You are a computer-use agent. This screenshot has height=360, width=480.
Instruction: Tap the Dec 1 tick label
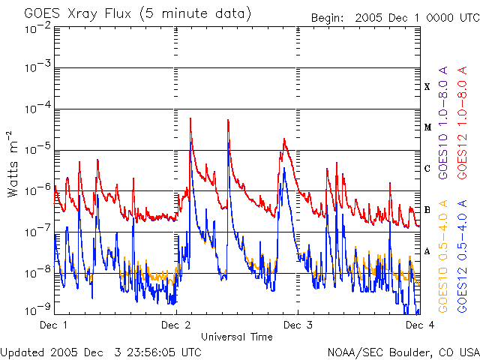tap(53, 325)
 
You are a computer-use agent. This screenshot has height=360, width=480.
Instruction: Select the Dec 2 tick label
tap(175, 325)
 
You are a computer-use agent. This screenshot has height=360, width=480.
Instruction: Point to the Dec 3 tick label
tap(298, 325)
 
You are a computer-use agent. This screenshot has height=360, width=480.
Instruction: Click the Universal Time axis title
tap(236, 337)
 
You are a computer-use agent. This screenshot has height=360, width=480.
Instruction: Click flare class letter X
tap(427, 87)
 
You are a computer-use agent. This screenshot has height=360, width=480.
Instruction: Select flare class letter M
tap(427, 127)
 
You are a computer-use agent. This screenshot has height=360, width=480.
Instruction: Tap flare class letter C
tap(427, 169)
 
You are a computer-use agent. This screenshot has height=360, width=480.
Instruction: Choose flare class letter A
tap(427, 251)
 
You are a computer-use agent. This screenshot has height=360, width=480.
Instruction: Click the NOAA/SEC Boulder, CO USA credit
tap(403, 351)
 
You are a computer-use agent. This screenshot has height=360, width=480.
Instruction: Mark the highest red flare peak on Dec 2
tap(190, 118)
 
